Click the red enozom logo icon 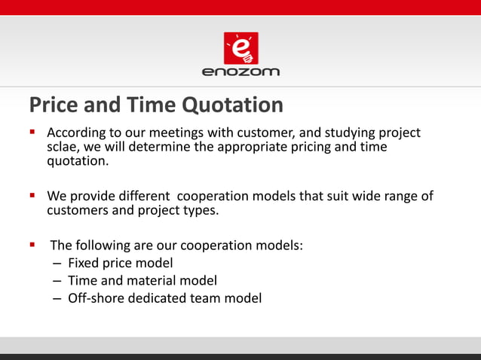[x=240, y=47]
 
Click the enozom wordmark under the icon [x=240, y=72]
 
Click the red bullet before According [x=32, y=133]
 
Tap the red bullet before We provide [x=32, y=196]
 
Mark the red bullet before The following [x=32, y=245]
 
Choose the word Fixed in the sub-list [x=84, y=263]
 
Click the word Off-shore [x=97, y=298]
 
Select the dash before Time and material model [x=58, y=281]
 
